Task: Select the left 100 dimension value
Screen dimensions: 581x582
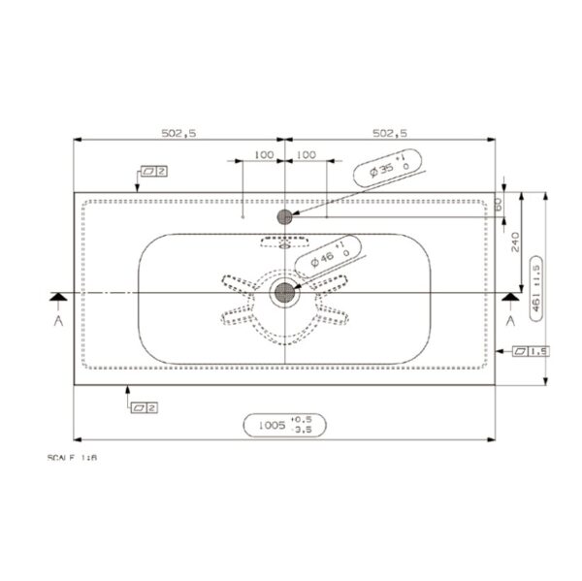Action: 262,154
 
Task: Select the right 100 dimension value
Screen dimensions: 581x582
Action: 306,154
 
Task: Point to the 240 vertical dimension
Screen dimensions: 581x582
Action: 514,242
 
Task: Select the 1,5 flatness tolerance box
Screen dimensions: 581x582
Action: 532,351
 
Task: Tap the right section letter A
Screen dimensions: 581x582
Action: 509,318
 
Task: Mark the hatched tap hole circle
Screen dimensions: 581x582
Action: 284,216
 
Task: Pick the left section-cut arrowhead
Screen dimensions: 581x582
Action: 58,295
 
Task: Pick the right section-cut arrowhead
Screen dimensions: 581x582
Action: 509,295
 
